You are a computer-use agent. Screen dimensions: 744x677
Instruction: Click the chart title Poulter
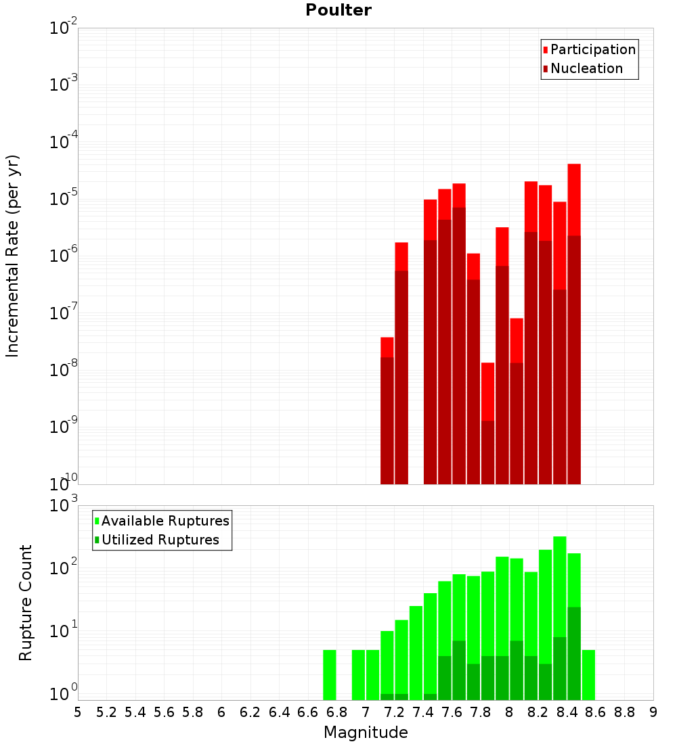coord(338,10)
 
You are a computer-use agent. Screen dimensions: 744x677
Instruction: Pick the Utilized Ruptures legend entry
coord(156,540)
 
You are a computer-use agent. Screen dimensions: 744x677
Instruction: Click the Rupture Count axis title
coord(26,602)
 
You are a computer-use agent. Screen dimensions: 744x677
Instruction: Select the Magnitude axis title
coord(366,733)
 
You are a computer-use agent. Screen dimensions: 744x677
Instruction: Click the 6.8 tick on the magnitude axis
coord(336,712)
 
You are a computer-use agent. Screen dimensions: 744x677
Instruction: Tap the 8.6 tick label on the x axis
coord(596,712)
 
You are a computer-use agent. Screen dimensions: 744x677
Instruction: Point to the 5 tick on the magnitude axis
coord(78,712)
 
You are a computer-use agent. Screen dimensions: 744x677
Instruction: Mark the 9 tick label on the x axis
coord(653,712)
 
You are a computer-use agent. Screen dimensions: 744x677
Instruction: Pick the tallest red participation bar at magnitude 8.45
coord(574,200)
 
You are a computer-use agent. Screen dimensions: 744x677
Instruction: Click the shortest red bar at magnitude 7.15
coord(387,347)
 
